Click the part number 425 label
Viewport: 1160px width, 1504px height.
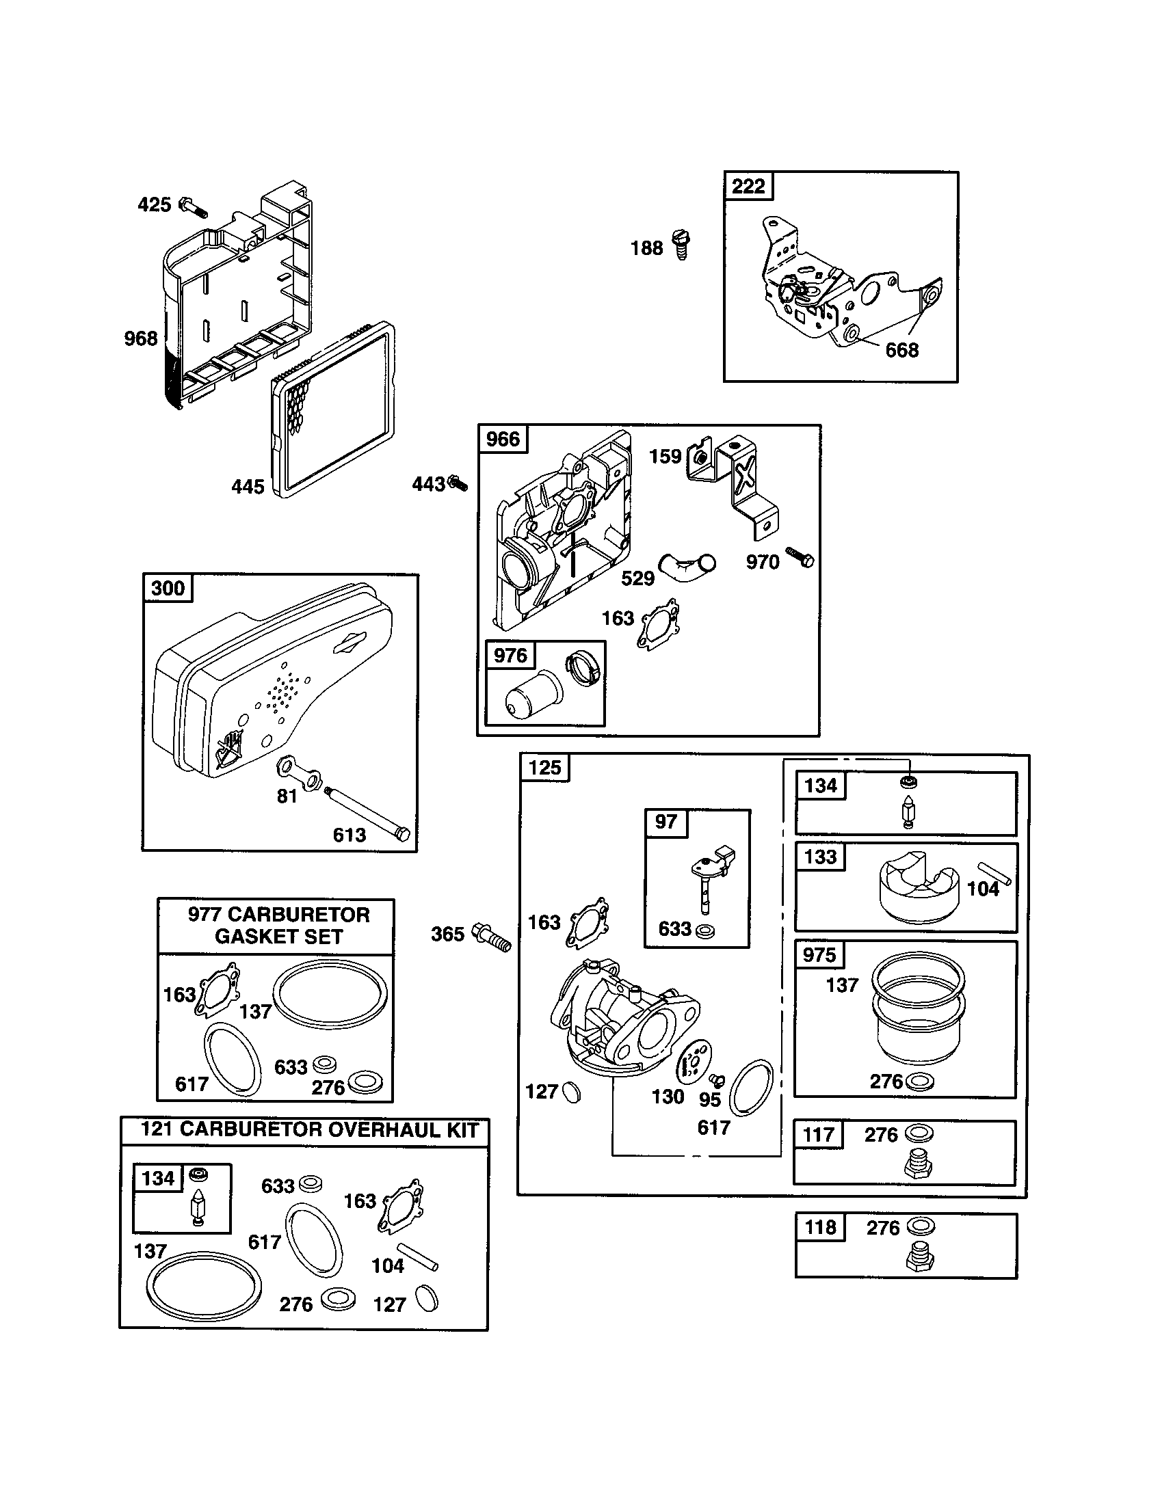[x=155, y=204]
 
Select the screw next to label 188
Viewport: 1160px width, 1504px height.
[x=681, y=245]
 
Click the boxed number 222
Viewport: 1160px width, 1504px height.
[x=749, y=186]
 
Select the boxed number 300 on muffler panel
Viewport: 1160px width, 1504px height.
[x=168, y=588]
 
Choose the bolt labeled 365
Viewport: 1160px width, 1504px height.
[x=492, y=937]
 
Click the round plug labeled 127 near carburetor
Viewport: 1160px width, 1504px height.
[x=571, y=1092]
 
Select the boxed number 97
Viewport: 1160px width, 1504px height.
[x=665, y=822]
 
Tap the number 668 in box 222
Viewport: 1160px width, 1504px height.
[x=901, y=351]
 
